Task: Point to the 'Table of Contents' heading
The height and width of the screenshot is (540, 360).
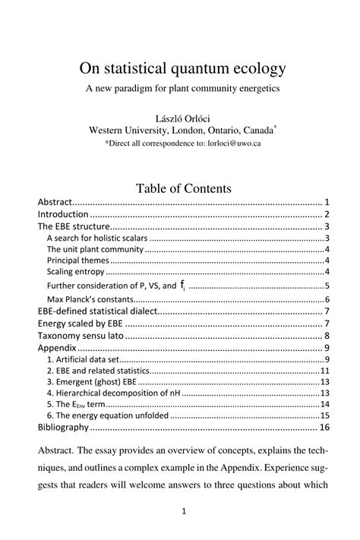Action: click(183, 188)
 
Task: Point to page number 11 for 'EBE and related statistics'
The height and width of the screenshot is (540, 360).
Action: click(324, 371)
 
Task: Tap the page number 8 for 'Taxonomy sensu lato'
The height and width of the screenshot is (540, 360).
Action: click(325, 336)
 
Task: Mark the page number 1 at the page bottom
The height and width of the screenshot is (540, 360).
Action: click(183, 512)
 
